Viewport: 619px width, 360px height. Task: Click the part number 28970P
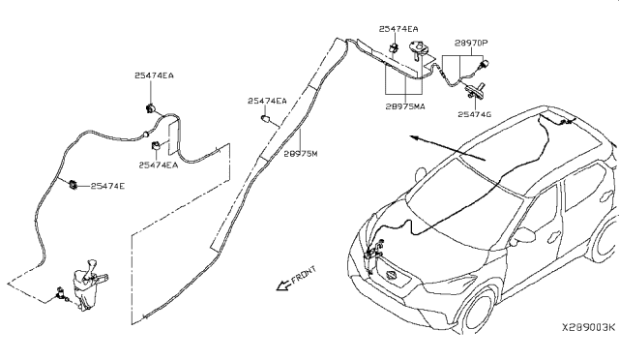pyautogui.click(x=471, y=43)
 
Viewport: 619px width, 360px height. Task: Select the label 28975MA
pyautogui.click(x=405, y=106)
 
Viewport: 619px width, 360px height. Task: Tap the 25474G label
pyautogui.click(x=475, y=114)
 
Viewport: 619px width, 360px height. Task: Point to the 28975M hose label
pyautogui.click(x=301, y=154)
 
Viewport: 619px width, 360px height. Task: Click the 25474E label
pyautogui.click(x=107, y=186)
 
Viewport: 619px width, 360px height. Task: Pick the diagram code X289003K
pyautogui.click(x=589, y=327)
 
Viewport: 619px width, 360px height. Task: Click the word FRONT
pyautogui.click(x=304, y=274)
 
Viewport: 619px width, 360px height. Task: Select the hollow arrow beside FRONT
pyautogui.click(x=283, y=285)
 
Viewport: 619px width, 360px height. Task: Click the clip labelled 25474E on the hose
pyautogui.click(x=74, y=185)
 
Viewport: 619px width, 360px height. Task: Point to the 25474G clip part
pyautogui.click(x=475, y=91)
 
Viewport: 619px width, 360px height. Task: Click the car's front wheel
pyautogui.click(x=479, y=313)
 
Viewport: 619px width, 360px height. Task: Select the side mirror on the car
pyautogui.click(x=523, y=236)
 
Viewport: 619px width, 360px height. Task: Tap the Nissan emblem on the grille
pyautogui.click(x=391, y=276)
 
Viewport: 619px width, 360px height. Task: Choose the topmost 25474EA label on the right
pyautogui.click(x=398, y=29)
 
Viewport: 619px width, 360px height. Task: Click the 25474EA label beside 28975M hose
pyautogui.click(x=267, y=101)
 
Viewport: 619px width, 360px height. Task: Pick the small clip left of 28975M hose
pyautogui.click(x=265, y=118)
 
